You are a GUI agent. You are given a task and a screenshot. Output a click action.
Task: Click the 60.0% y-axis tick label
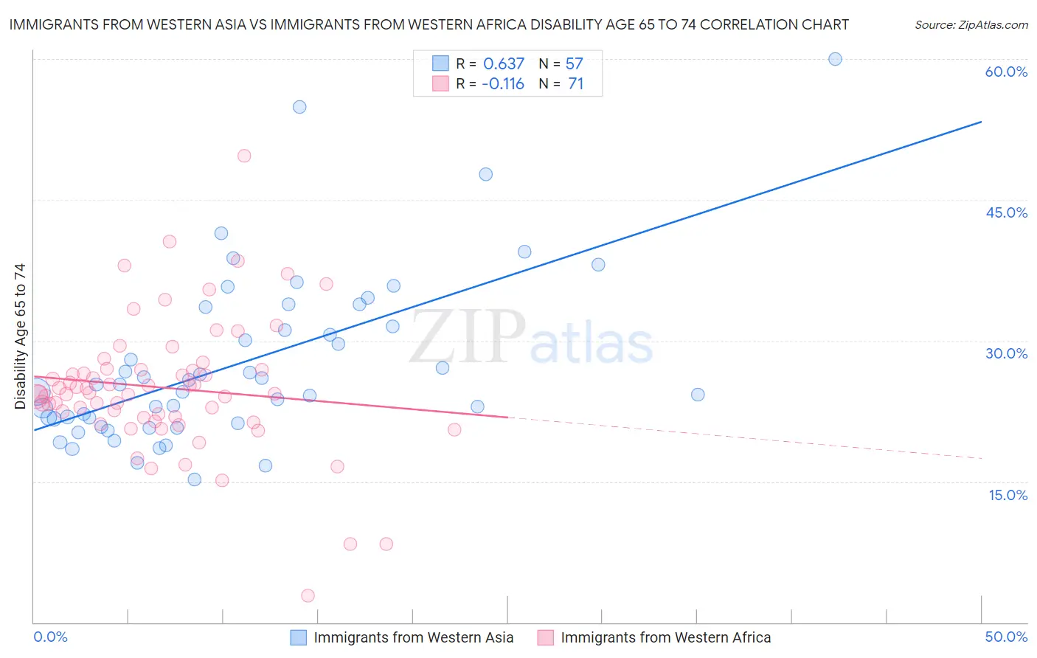(1006, 72)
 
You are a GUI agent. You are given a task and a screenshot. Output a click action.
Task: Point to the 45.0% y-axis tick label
(1006, 212)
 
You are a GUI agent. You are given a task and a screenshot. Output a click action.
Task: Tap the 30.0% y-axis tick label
(1006, 353)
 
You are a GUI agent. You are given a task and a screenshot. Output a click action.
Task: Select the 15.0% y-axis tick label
(1007, 495)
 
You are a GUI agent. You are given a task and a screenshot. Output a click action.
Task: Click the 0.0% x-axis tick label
(50, 637)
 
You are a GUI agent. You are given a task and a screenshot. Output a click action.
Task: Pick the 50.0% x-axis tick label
(1006, 637)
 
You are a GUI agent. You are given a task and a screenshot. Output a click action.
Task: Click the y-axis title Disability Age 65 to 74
(20, 336)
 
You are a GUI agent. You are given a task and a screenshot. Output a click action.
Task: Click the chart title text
(429, 24)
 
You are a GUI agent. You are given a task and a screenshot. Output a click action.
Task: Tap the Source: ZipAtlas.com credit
(971, 24)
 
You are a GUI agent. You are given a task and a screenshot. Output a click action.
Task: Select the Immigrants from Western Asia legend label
(413, 637)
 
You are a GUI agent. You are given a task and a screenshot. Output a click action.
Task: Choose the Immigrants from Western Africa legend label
(665, 637)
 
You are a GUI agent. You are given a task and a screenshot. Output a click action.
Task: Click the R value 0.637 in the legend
(504, 63)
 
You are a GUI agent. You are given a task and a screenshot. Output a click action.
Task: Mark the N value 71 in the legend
(575, 83)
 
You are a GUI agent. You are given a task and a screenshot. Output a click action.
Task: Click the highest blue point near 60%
(835, 59)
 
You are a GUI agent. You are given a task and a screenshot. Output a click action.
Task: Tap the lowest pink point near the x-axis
(308, 595)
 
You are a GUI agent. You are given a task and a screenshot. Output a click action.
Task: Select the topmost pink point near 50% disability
(244, 156)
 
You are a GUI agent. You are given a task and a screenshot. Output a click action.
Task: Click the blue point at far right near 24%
(698, 395)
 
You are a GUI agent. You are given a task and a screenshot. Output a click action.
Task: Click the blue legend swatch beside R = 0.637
(440, 63)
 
